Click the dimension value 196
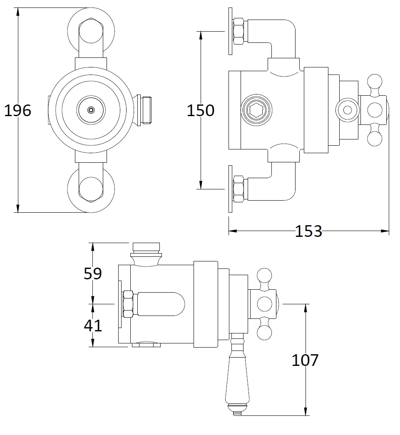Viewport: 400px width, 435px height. coord(17,110)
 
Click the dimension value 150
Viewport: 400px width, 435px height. coord(200,110)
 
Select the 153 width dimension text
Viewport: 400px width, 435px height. coord(308,231)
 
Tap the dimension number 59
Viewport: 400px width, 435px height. coord(92,273)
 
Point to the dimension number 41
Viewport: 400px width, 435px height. coord(92,325)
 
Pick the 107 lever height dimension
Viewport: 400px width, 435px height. coord(305,360)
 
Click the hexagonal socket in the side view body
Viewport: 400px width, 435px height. coord(258,110)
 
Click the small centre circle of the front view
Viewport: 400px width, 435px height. coord(90,110)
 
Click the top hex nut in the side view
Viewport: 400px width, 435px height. coord(239,31)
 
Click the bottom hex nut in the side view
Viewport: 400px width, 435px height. coord(239,189)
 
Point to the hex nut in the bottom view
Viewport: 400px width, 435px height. coord(127,304)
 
